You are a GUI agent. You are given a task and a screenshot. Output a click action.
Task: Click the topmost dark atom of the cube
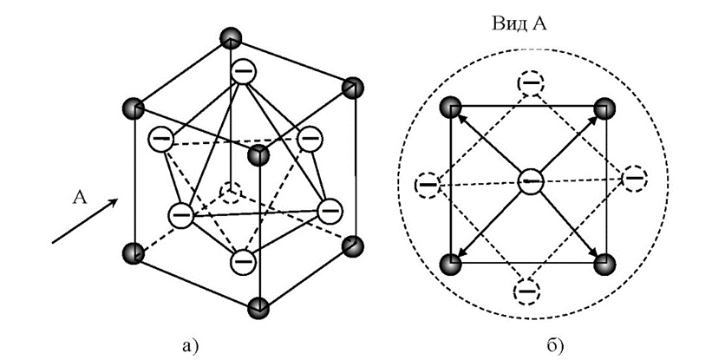(229, 38)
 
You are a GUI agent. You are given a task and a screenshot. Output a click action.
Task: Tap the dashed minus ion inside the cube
(231, 191)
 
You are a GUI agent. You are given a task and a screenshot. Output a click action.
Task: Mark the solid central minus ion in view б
(530, 180)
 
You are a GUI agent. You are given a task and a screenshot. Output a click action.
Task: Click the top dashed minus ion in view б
(530, 83)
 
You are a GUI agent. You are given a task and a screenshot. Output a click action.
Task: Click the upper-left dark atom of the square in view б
(451, 108)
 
